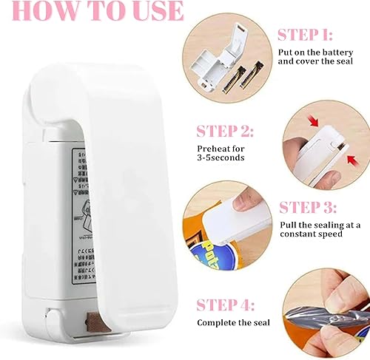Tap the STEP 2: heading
[226, 132]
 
